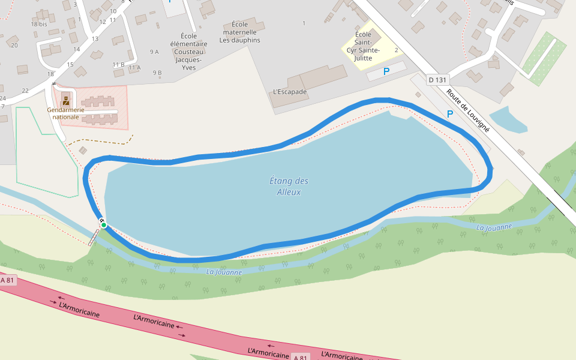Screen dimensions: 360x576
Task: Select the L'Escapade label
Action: (290, 92)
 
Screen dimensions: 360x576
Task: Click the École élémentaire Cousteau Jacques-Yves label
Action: (188, 52)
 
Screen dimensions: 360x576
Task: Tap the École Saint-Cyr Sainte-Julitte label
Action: (364, 46)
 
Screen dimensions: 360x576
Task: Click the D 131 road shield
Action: (438, 80)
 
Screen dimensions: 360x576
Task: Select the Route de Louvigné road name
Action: (468, 110)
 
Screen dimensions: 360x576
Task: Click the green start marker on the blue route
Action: (104, 225)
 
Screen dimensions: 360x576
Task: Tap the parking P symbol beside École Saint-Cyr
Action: (386, 71)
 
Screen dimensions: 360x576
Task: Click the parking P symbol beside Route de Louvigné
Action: (450, 114)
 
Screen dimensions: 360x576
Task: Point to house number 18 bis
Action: (39, 24)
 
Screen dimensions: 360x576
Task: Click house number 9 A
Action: (154, 52)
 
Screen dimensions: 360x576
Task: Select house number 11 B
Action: (118, 64)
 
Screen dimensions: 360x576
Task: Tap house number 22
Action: (25, 91)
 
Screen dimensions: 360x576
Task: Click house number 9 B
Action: (157, 73)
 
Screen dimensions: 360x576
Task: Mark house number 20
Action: (14, 46)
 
